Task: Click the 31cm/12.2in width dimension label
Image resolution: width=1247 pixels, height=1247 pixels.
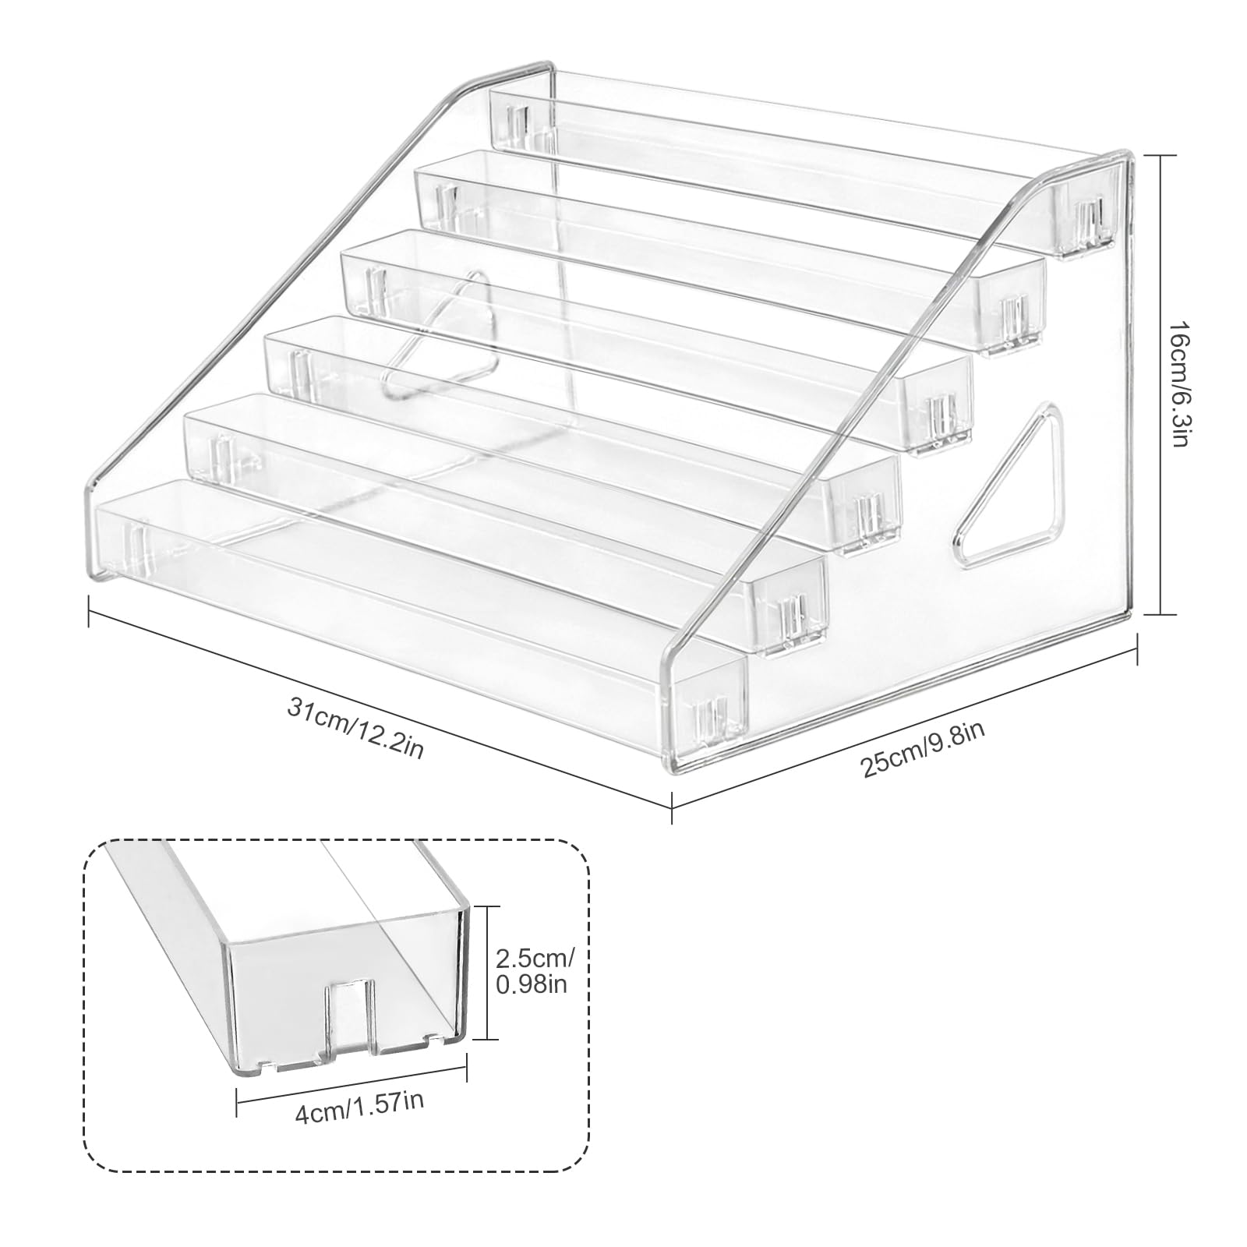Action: pos(356,729)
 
